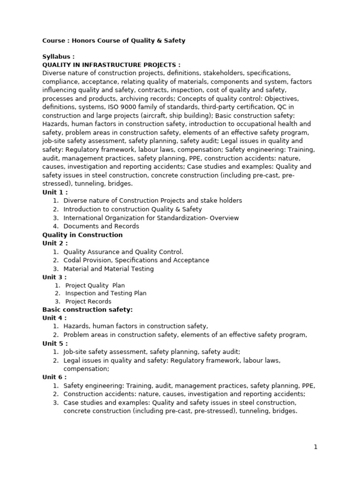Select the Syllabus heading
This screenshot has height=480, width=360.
click(x=58, y=57)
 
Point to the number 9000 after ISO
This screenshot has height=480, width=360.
click(x=127, y=107)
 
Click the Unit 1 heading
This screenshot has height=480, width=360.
click(x=55, y=192)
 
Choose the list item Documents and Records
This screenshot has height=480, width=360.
click(x=101, y=226)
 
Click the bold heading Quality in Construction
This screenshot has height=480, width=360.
click(x=82, y=235)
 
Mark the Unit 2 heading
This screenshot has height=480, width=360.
click(x=55, y=243)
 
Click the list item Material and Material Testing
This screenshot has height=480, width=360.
click(x=109, y=269)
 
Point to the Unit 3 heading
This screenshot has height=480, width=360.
click(x=54, y=277)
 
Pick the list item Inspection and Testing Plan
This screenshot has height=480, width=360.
click(x=106, y=293)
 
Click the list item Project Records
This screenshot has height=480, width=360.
click(x=88, y=301)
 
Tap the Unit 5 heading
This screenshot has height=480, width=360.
click(x=55, y=343)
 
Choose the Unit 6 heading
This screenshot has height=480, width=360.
click(x=54, y=377)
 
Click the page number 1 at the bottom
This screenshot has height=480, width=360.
click(x=315, y=447)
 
